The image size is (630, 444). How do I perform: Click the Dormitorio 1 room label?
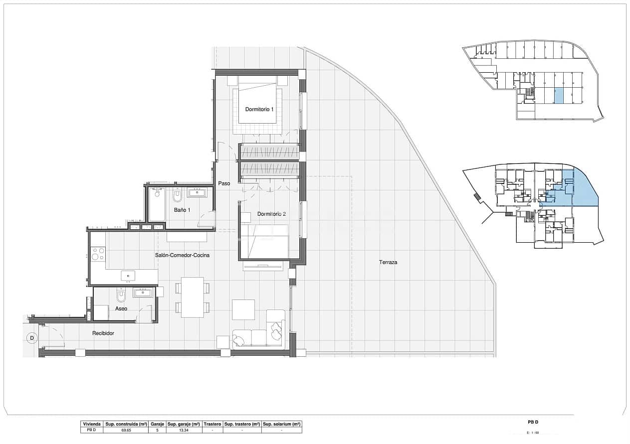tap(259, 109)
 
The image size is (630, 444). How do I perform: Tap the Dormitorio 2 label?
tap(271, 214)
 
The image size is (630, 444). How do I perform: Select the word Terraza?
tap(388, 262)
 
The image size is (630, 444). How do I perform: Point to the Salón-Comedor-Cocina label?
tap(182, 255)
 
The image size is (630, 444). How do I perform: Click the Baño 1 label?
tap(182, 210)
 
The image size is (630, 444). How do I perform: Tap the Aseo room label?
tap(121, 308)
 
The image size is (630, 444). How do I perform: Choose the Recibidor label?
tap(103, 333)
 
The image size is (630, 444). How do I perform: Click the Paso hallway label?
tap(224, 183)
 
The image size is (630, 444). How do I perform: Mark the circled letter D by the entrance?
tap(31, 338)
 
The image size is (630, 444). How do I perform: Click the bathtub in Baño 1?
tap(157, 204)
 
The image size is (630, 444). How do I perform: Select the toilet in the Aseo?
tap(121, 296)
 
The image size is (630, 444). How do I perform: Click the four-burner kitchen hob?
tap(98, 254)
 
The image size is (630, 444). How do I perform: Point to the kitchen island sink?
tap(128, 276)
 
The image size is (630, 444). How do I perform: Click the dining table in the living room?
tap(192, 297)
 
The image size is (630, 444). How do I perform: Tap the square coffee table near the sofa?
tap(243, 309)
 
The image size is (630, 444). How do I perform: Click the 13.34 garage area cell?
tap(183, 430)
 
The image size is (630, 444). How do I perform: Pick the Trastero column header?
tap(212, 424)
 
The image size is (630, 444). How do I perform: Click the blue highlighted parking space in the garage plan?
tap(559, 96)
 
